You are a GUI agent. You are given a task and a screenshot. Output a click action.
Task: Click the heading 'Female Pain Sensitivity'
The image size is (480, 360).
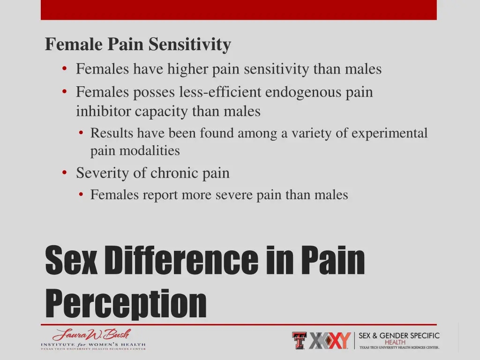[x=138, y=45]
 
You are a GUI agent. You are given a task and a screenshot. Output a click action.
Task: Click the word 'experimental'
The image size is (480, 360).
[x=390, y=134]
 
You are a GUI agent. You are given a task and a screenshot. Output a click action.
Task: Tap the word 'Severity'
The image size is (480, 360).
[x=103, y=173]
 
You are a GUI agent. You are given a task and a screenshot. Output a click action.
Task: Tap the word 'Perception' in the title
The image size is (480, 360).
[x=126, y=303]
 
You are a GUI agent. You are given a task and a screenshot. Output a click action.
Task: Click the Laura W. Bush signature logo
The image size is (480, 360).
[x=92, y=335]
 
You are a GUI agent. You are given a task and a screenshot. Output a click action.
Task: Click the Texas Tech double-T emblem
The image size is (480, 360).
[x=300, y=340]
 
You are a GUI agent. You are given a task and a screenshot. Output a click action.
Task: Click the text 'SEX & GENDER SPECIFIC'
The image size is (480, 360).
[x=399, y=336]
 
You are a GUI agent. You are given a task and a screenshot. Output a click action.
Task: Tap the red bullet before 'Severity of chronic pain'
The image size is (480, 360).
[x=64, y=173]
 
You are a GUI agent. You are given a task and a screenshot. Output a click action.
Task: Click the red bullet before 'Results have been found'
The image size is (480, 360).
[x=81, y=134]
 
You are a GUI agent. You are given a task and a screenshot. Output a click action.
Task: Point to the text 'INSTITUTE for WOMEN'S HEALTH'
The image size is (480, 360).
[x=93, y=345]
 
